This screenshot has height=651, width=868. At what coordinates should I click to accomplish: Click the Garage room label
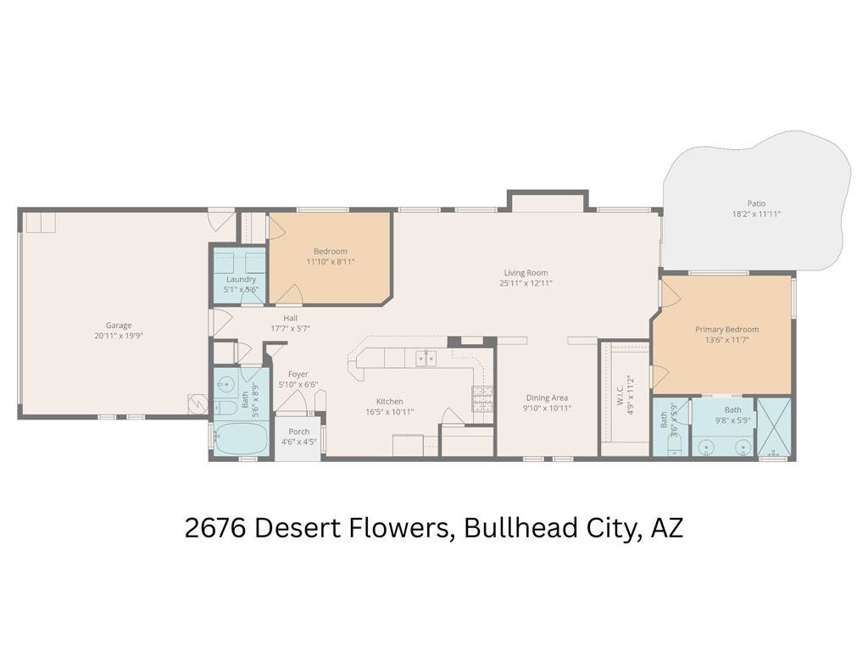pyautogui.click(x=119, y=325)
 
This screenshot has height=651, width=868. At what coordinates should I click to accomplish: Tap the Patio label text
pyautogui.click(x=756, y=203)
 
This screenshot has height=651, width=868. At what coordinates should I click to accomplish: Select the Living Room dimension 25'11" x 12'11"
pyautogui.click(x=526, y=283)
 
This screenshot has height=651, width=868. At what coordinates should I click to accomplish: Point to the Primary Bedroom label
pyautogui.click(x=726, y=330)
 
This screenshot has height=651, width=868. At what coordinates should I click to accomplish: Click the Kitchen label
pyautogui.click(x=390, y=401)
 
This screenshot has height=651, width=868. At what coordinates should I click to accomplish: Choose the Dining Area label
pyautogui.click(x=547, y=398)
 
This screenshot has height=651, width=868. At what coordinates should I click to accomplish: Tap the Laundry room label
pyautogui.click(x=241, y=279)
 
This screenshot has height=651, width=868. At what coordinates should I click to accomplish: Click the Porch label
pyautogui.click(x=299, y=431)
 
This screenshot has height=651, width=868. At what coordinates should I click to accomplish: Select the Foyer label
pyautogui.click(x=298, y=374)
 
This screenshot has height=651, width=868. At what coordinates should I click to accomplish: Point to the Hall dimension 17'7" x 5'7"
pyautogui.click(x=290, y=328)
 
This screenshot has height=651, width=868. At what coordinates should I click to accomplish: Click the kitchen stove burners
pyautogui.click(x=482, y=398)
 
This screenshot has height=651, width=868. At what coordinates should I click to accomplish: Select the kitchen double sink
pyautogui.click(x=426, y=359)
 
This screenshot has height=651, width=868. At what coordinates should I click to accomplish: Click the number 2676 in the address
pyautogui.click(x=215, y=527)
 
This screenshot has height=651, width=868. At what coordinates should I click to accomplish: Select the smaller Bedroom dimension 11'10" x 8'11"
pyautogui.click(x=331, y=261)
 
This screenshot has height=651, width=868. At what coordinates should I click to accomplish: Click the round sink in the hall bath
pyautogui.click(x=225, y=382)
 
